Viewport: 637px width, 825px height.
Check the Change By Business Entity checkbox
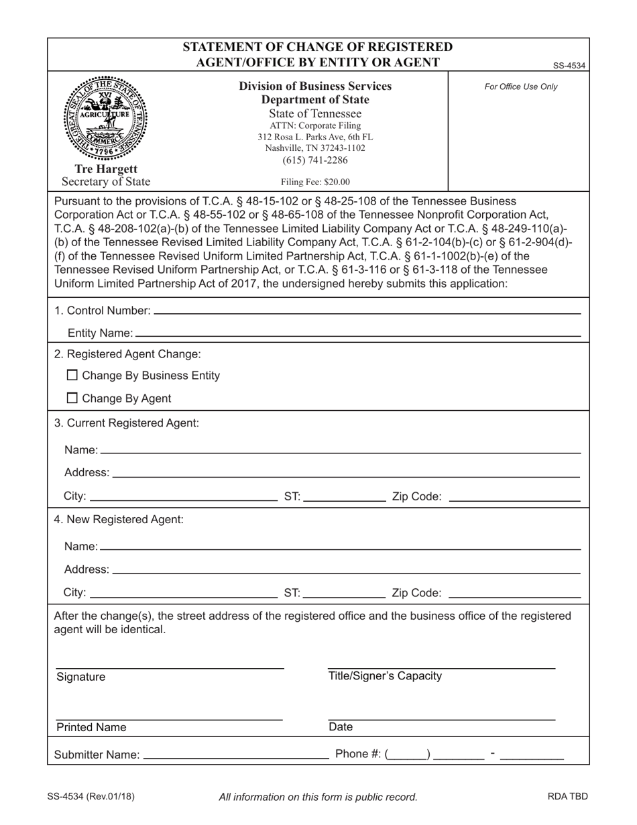click(74, 376)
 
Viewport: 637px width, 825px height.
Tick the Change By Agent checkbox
click(74, 398)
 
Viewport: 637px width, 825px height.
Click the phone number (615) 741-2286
click(315, 160)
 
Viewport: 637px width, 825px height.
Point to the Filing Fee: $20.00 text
click(315, 182)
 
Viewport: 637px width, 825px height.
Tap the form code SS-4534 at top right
click(569, 66)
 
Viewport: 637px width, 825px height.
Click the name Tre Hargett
click(106, 169)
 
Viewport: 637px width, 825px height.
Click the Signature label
click(81, 677)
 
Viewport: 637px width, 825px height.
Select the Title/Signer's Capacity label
click(385, 676)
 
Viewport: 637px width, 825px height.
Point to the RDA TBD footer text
click(567, 797)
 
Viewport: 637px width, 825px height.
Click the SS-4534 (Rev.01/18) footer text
click(91, 797)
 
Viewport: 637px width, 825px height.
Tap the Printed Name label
click(91, 728)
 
